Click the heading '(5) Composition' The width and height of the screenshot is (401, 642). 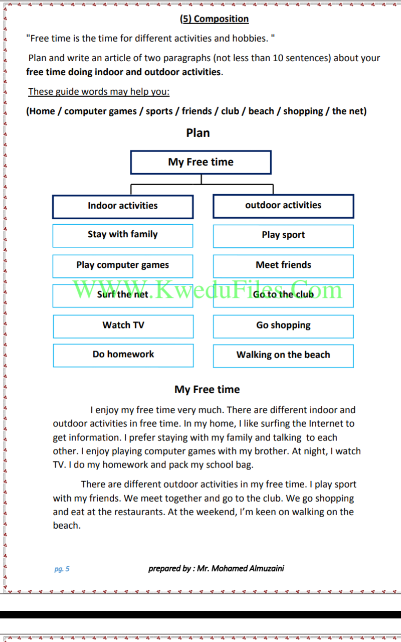click(x=214, y=19)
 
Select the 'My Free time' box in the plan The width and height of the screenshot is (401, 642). click(x=201, y=162)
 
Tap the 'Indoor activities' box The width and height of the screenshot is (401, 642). click(x=123, y=207)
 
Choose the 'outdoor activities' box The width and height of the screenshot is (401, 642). click(x=283, y=206)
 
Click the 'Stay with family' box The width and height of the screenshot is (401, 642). click(x=123, y=236)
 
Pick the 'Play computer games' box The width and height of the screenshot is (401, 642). click(x=123, y=266)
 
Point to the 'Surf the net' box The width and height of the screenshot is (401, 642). click(x=123, y=296)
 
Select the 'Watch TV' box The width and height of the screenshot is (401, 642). click(x=123, y=327)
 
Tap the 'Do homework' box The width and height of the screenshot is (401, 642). click(x=123, y=356)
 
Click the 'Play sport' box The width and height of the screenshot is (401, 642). click(x=283, y=236)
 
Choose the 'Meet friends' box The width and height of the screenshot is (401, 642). click(x=283, y=266)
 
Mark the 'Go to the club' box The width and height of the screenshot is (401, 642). click(x=283, y=296)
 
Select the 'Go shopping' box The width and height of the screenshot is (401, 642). click(x=283, y=327)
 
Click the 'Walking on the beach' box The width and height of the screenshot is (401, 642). click(x=283, y=356)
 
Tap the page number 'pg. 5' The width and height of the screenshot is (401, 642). click(x=62, y=569)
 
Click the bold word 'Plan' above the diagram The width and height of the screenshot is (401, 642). click(x=198, y=133)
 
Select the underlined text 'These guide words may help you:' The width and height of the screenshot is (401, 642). click(x=99, y=92)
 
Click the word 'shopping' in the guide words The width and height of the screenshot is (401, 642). click(x=303, y=111)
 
